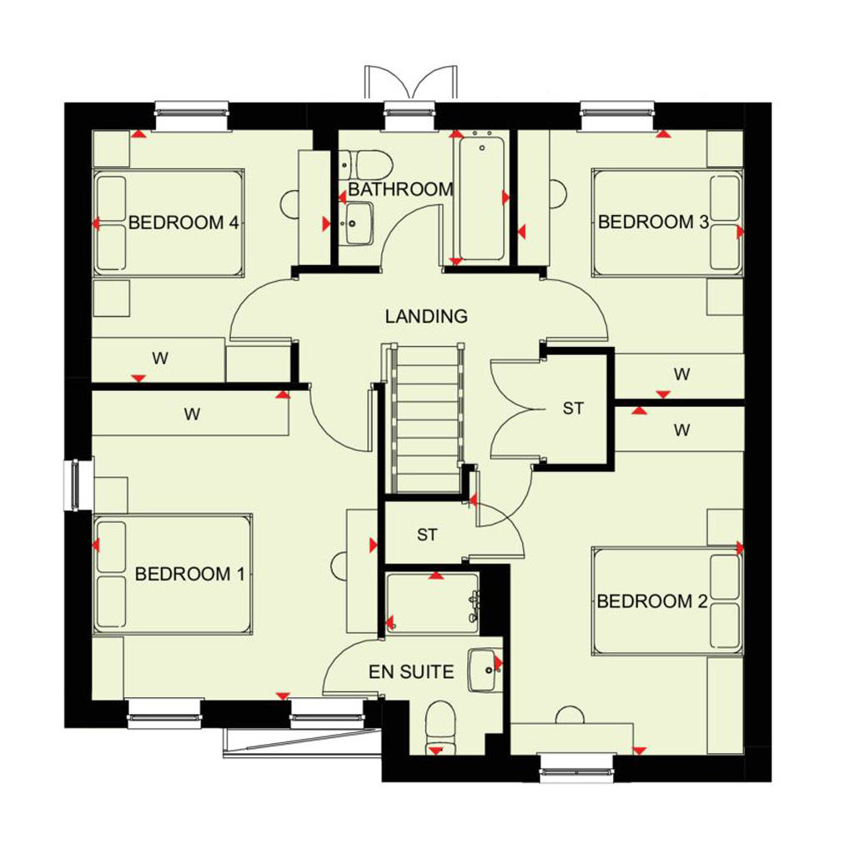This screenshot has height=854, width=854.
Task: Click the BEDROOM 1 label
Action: (x=189, y=574)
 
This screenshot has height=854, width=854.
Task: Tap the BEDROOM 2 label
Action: (x=652, y=601)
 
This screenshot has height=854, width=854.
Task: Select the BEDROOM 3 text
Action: (x=653, y=222)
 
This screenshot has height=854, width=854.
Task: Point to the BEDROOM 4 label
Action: (x=183, y=223)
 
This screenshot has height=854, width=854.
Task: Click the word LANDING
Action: (x=426, y=316)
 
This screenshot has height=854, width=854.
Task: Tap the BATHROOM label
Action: (x=401, y=189)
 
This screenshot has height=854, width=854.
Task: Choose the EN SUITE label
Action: (x=411, y=672)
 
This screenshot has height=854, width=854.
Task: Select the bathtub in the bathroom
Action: (x=482, y=198)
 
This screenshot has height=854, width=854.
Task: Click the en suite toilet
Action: (x=440, y=728)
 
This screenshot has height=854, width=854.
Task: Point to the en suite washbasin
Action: (x=485, y=670)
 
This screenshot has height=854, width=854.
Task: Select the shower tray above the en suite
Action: (x=433, y=603)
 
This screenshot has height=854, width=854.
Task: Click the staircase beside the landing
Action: (x=423, y=418)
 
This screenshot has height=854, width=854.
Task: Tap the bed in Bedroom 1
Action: (x=173, y=574)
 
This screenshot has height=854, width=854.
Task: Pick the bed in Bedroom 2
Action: (x=668, y=601)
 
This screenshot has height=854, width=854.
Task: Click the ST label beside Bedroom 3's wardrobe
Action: (x=573, y=409)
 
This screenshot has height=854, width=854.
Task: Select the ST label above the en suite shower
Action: (x=427, y=535)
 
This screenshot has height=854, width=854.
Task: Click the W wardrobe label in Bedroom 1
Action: (x=192, y=414)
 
